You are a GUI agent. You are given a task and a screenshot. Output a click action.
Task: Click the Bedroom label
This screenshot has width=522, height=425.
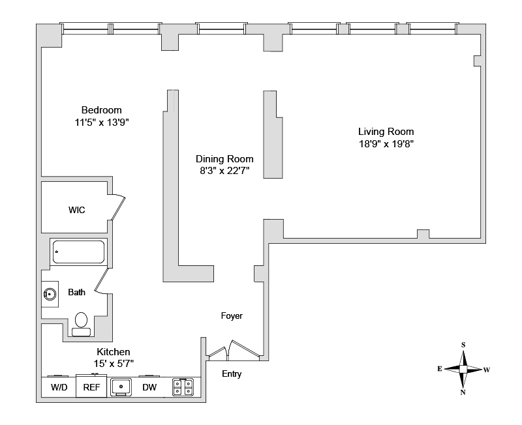101,110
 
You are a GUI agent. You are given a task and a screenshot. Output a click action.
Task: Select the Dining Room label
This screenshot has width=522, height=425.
224,159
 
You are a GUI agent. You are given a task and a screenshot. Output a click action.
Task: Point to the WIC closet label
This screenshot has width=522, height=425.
77,210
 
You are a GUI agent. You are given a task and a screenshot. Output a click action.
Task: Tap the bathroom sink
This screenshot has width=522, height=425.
50,294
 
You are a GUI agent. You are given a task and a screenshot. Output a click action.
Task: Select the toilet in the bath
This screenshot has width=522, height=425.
82,322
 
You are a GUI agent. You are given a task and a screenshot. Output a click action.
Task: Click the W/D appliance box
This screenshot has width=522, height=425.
59,387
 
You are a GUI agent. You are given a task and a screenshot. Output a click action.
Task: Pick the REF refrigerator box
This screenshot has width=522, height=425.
89,387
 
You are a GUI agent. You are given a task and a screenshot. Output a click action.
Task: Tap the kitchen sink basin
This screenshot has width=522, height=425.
121,387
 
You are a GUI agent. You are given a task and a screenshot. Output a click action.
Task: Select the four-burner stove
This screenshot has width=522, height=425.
183,387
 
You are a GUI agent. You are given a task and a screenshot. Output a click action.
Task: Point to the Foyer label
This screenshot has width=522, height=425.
232,316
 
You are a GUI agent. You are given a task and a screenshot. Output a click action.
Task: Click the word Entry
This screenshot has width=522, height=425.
232,374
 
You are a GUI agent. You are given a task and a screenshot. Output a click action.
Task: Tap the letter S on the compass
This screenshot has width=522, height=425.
463,345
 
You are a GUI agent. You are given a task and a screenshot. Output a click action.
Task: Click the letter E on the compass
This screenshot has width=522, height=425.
440,369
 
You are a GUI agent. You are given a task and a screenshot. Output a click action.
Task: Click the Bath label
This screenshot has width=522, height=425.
76,293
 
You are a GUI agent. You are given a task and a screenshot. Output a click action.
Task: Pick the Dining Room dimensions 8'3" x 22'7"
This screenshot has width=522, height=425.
224,171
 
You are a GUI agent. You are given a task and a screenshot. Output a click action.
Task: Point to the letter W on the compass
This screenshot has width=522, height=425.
487,370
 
